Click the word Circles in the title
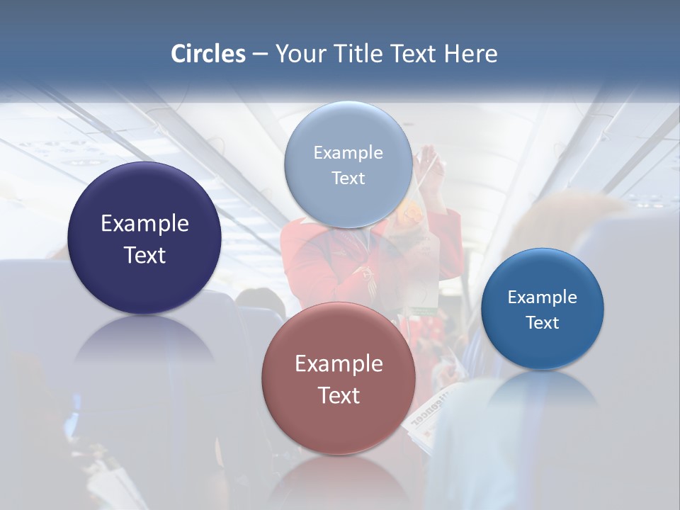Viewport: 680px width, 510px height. coord(208,54)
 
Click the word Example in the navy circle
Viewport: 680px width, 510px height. coord(144,223)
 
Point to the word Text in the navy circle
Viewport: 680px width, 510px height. coord(144,255)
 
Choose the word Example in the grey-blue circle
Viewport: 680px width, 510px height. coord(348,152)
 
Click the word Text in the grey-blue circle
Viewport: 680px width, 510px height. coord(348,178)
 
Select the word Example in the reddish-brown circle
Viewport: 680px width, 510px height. coord(339,363)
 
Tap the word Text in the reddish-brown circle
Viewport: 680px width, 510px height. coord(339,395)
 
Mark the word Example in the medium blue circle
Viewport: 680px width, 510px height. coord(543,297)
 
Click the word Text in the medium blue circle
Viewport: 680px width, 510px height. coord(543,322)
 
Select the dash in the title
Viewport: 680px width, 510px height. coord(260,55)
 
